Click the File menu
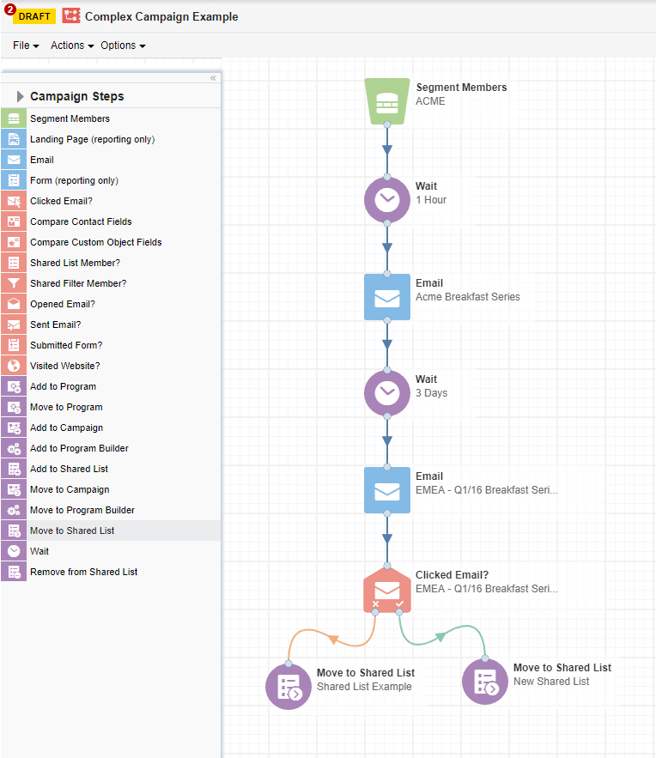(x=26, y=45)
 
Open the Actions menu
(x=72, y=45)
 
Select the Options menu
(x=123, y=45)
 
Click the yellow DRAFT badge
(x=34, y=16)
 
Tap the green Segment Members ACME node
(x=386, y=101)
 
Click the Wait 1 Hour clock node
(x=386, y=199)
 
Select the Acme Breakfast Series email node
(x=386, y=297)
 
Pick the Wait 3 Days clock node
(x=386, y=393)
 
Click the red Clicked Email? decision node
(x=386, y=590)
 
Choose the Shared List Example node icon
(x=289, y=687)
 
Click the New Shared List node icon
(x=484, y=682)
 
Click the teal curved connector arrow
(x=440, y=637)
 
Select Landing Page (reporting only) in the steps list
(x=92, y=139)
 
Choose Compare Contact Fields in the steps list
(x=81, y=221)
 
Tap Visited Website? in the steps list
(x=65, y=366)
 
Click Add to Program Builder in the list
(x=79, y=448)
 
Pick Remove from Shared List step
(x=83, y=572)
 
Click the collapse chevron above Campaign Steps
(x=213, y=78)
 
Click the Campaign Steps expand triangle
(x=21, y=96)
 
